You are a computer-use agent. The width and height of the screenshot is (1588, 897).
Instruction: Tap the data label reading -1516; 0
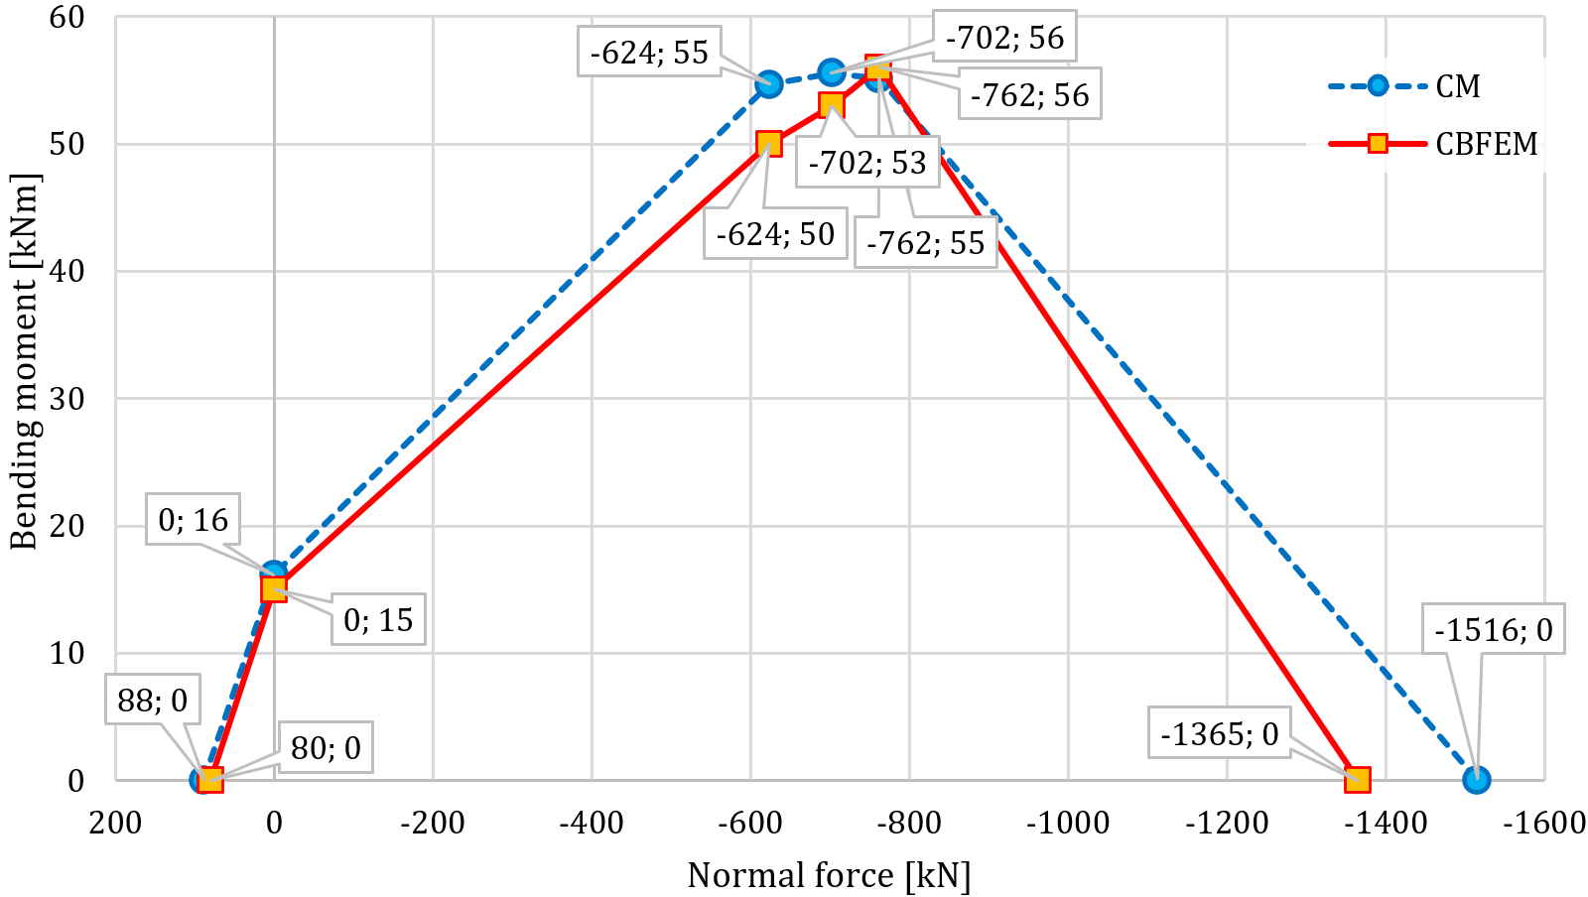pyautogui.click(x=1493, y=629)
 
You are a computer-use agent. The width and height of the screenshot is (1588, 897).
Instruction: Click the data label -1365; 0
pyautogui.click(x=1219, y=734)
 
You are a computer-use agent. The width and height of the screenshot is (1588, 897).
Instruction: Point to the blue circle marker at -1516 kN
pyautogui.click(x=1477, y=780)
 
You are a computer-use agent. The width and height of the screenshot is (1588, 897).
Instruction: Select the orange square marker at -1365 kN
pyautogui.click(x=1357, y=780)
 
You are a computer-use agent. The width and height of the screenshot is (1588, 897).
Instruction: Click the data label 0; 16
pyautogui.click(x=193, y=519)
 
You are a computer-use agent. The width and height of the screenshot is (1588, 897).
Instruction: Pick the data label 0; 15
pyautogui.click(x=377, y=620)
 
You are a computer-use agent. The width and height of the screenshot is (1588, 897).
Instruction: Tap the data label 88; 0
pyautogui.click(x=152, y=701)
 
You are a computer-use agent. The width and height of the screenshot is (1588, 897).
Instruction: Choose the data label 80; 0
pyautogui.click(x=326, y=747)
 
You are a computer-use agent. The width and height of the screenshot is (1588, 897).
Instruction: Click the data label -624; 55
pyautogui.click(x=649, y=52)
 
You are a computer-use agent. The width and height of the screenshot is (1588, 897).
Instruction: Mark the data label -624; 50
pyautogui.click(x=775, y=234)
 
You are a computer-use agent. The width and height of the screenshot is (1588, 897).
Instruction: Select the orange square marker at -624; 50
pyautogui.click(x=769, y=144)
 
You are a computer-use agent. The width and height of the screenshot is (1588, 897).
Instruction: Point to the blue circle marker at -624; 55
pyautogui.click(x=769, y=84)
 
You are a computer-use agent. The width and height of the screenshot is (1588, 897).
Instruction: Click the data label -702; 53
pyautogui.click(x=866, y=163)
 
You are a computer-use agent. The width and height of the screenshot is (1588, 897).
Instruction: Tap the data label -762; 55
pyautogui.click(x=925, y=243)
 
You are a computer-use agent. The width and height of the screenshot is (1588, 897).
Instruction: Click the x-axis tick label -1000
pyautogui.click(x=1067, y=823)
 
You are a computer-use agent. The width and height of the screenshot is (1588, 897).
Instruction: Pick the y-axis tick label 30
pyautogui.click(x=67, y=399)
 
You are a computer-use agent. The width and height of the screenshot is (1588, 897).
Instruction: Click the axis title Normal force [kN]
pyautogui.click(x=829, y=875)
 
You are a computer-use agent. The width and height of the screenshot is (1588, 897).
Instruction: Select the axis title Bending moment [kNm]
pyautogui.click(x=24, y=361)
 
